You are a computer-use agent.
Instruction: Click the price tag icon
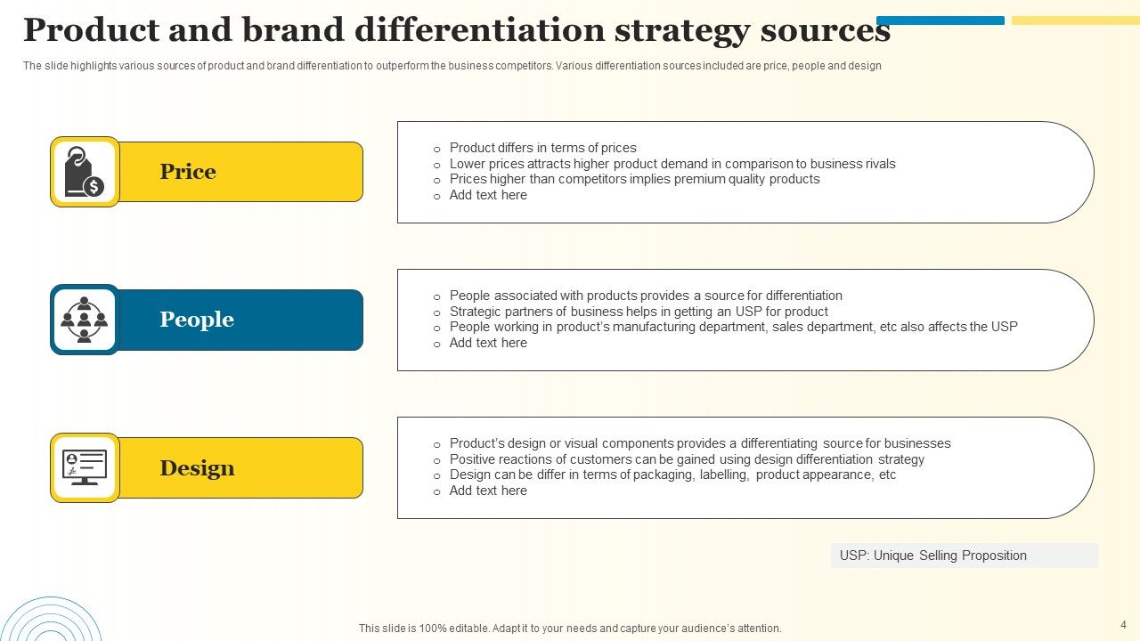point(85,172)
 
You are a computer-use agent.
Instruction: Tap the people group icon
point(85,320)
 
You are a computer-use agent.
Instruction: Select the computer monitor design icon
point(85,467)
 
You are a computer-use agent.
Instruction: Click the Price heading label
point(188,172)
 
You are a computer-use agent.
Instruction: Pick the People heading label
point(197,320)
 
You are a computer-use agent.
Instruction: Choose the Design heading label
point(197,468)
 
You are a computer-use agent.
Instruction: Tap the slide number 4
point(1123,625)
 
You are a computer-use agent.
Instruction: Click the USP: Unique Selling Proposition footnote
point(932,556)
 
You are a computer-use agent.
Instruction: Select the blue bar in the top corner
point(940,20)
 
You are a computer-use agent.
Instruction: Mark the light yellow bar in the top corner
point(1075,20)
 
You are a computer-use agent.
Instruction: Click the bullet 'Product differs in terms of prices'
point(542,148)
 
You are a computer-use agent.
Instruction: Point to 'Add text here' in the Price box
point(488,195)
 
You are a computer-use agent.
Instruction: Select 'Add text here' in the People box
point(488,343)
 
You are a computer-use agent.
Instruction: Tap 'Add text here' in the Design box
point(488,491)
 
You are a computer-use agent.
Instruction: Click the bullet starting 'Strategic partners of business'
point(639,312)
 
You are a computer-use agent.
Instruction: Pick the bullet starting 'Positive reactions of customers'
point(687,459)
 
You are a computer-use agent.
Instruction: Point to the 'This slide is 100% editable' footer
point(570,629)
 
